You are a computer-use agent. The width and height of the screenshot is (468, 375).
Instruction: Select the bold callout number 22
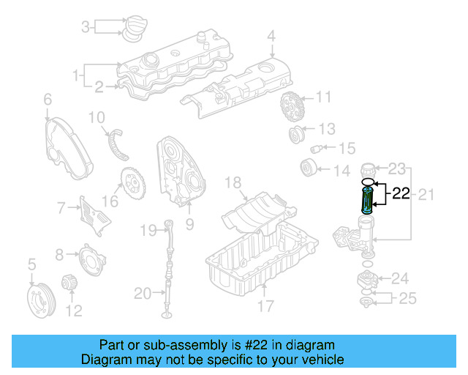click(401, 194)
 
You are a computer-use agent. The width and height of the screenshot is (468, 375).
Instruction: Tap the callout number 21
click(426, 194)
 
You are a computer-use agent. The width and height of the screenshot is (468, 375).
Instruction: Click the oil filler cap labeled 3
click(134, 29)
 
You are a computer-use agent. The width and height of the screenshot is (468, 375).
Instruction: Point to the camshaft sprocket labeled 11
click(291, 108)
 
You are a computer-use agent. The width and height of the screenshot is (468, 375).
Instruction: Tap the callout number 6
click(48, 99)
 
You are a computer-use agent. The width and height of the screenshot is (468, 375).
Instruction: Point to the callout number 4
click(271, 35)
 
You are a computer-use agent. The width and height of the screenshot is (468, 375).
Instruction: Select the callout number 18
click(233, 182)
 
